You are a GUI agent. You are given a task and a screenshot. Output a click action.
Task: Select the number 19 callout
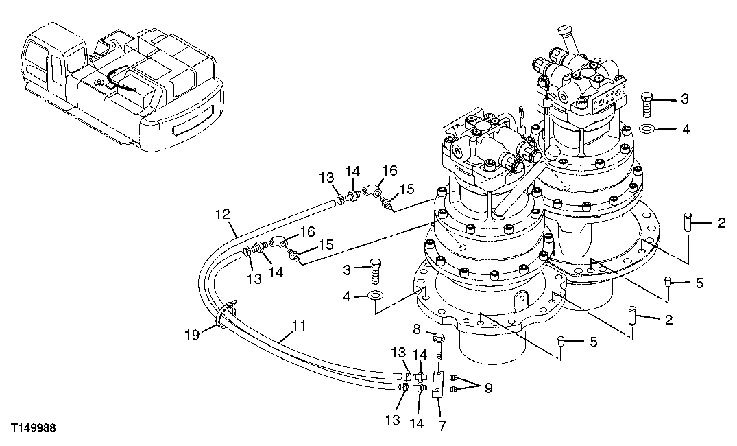tap(191, 334)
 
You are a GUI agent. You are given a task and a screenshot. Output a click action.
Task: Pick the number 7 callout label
tap(442, 425)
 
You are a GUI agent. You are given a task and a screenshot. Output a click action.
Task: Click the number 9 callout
tap(487, 388)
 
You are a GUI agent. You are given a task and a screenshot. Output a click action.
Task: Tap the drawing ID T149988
tap(33, 427)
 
